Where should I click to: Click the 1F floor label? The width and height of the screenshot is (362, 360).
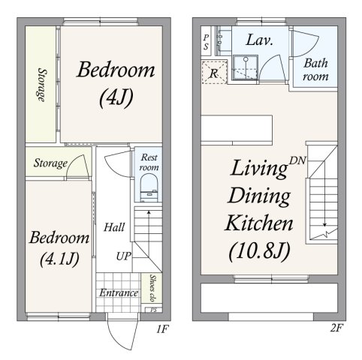tap(162, 328)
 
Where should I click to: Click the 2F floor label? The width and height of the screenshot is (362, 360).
tap(336, 328)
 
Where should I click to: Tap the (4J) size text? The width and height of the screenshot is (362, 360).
tap(116, 98)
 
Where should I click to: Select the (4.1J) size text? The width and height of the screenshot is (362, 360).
tap(59, 259)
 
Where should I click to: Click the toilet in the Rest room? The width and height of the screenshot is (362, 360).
tap(149, 187)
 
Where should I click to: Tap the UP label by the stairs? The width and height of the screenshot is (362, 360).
tap(124, 256)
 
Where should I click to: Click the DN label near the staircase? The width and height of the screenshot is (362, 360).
tap(297, 160)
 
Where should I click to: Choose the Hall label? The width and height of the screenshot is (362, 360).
tap(114, 227)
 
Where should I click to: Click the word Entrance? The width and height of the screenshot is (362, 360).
tap(119, 292)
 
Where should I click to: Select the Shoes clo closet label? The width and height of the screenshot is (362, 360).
tap(152, 288)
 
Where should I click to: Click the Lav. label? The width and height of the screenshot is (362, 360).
tap(259, 40)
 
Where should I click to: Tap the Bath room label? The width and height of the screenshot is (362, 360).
tap(315, 70)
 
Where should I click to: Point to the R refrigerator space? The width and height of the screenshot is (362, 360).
tap(214, 73)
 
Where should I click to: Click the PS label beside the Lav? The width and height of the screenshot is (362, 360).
tap(206, 42)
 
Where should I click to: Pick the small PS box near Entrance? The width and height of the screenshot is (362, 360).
tap(154, 310)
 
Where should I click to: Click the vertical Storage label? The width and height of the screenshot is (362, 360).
tap(42, 85)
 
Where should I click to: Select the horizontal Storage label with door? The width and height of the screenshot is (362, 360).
tap(50, 163)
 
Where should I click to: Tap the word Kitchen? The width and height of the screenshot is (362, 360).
tap(259, 223)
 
